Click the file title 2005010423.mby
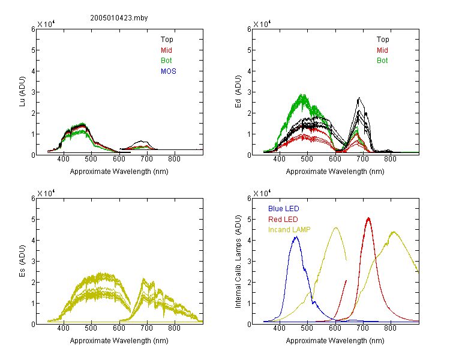(119, 18)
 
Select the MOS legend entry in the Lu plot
(169, 71)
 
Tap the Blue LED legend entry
(284, 209)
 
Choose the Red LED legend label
(283, 220)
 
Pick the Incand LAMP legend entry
(289, 230)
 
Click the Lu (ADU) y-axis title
(22, 92)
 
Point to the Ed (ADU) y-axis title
(238, 92)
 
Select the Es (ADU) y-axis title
(22, 261)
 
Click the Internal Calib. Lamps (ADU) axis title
(238, 262)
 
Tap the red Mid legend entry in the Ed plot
(382, 50)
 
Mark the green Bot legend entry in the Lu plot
(166, 61)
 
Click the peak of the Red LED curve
(368, 218)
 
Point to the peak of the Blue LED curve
(296, 237)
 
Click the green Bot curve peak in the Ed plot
(302, 94)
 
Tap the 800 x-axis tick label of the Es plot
(174, 328)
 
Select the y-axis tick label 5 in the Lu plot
(33, 50)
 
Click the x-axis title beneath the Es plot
(119, 341)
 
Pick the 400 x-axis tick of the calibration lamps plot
(279, 328)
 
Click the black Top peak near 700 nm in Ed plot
(359, 98)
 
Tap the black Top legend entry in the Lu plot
(167, 40)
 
